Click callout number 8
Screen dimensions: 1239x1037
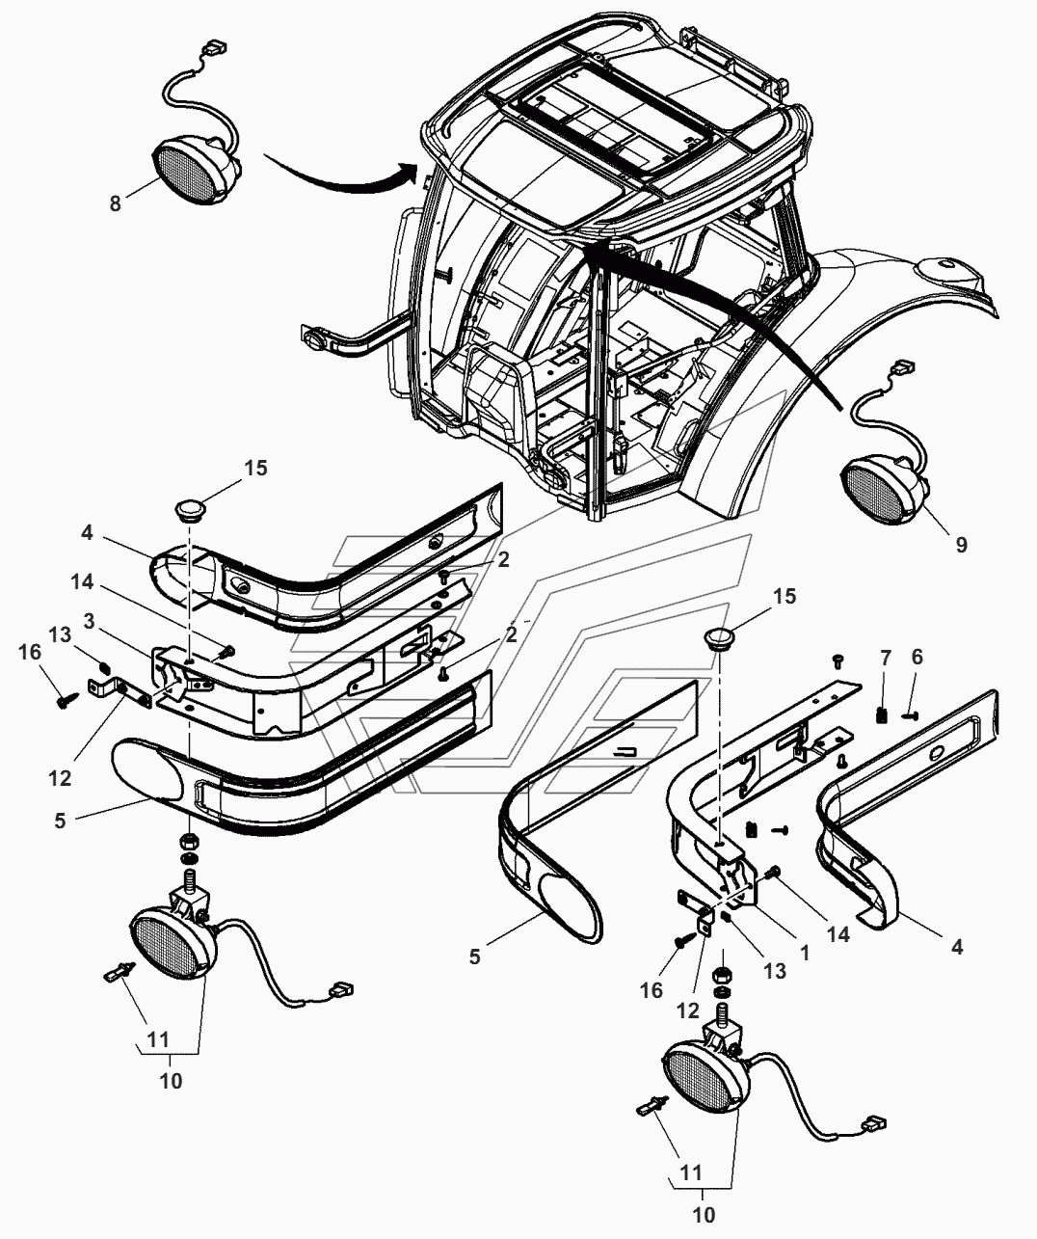click(x=116, y=203)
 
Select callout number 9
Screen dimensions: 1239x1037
click(x=961, y=545)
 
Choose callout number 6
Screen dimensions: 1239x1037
click(x=917, y=657)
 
